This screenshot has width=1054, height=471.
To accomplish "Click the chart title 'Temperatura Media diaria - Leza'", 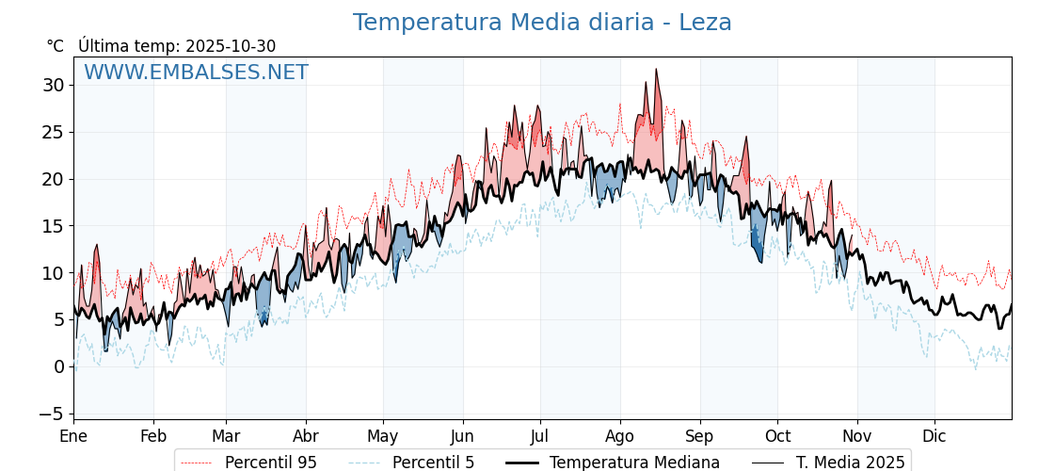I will pos(542,23).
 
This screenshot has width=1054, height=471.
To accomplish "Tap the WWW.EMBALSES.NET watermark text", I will pos(196,73).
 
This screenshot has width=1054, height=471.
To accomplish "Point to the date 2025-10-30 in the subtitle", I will pos(231,46).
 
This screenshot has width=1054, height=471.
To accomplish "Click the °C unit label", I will pos(55,46).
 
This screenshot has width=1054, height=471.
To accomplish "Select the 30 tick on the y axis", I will pos(53,85).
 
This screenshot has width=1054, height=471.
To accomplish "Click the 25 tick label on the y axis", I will pos(53,132).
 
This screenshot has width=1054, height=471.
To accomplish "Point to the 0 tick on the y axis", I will pos(58,366).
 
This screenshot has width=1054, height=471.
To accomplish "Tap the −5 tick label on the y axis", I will pos(53,414).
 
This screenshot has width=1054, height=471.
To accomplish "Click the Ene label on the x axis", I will pos(73,436).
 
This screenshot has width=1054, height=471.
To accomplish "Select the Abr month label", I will pos(306,436).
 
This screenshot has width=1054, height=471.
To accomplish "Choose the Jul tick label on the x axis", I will pos(540,436).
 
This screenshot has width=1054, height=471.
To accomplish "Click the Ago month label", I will pos(620,436).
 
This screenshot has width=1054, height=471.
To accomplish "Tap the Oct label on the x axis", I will pos(777,436).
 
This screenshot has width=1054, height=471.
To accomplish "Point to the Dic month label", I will pos(934,436).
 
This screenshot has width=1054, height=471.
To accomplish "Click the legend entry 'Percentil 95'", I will pos(270,463).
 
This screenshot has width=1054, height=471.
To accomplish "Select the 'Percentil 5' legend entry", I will pos(433,463).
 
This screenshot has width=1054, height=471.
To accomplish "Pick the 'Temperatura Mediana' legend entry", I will pos(634,463).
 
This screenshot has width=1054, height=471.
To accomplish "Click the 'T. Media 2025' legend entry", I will pos(850,463).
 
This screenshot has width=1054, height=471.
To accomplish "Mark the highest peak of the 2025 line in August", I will pos(656,70).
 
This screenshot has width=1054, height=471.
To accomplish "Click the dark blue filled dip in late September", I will pos(756,247).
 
